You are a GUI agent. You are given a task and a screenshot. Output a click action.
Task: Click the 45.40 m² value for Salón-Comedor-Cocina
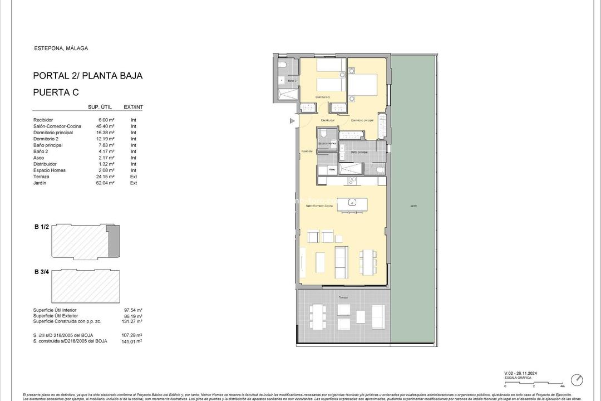coord(105,126)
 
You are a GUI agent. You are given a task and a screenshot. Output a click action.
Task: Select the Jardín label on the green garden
coord(413,206)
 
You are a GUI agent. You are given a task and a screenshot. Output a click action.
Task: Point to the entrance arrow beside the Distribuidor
coord(291,120)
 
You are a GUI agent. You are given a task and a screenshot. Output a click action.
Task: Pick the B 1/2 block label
coord(42,227)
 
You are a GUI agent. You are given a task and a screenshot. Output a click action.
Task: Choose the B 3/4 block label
coord(42,272)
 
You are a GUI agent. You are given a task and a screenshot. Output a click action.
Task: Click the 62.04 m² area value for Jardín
coord(105,183)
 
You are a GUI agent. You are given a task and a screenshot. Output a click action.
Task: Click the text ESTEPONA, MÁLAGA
coord(61,48)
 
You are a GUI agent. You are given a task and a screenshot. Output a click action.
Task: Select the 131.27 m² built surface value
coord(132,322)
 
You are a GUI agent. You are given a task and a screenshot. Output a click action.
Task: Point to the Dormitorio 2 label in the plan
coord(323,97)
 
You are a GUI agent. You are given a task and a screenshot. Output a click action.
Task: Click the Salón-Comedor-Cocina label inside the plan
coord(319,206)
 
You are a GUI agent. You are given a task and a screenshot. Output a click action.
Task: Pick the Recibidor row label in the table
coord(43,120)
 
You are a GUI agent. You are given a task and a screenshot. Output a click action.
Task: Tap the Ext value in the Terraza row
coord(134,177)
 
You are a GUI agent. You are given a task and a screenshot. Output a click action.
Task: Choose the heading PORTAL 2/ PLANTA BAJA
coord(88,76)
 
